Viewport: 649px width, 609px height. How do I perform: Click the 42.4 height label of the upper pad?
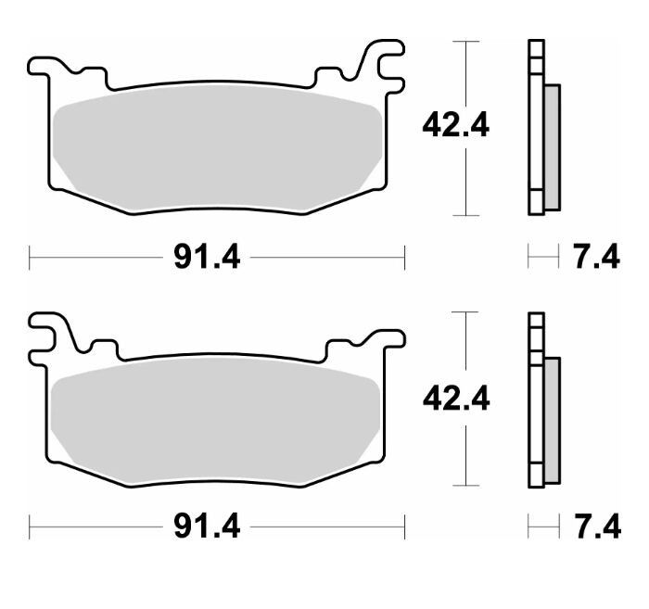[x=455, y=126]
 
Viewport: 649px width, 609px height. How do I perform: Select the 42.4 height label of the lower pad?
[x=455, y=399]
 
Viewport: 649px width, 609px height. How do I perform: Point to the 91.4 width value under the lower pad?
[x=207, y=527]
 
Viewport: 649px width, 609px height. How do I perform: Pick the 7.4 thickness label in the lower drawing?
[x=595, y=527]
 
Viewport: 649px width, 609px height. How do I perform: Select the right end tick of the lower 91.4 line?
[x=404, y=527]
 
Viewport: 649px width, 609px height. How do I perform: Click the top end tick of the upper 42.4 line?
[x=465, y=42]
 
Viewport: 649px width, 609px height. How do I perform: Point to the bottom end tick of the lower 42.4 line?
[x=465, y=486]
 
